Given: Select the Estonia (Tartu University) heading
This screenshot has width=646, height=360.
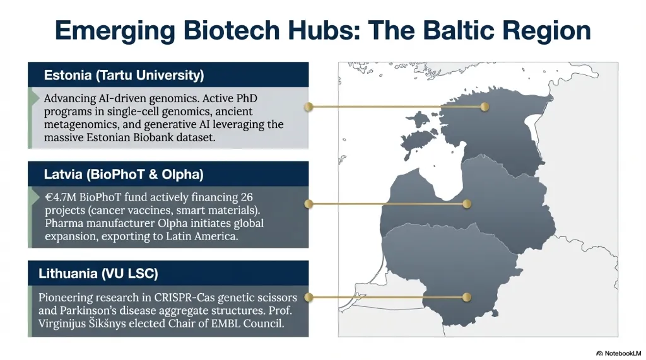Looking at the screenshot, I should pos(124,76).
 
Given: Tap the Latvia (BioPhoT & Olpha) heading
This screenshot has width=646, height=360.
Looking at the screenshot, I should pos(124,174).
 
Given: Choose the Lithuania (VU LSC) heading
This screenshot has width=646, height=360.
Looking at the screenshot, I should pos(98,274).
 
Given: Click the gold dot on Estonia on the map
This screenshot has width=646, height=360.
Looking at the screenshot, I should pos(484,107).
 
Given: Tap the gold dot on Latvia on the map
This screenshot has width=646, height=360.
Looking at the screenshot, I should pos(467,204).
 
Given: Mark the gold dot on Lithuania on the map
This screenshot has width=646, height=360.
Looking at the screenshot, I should pos(467,297).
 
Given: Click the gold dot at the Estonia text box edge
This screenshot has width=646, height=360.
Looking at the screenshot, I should pos(308,107).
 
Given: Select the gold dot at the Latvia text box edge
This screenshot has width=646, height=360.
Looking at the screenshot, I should pos(308,204).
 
